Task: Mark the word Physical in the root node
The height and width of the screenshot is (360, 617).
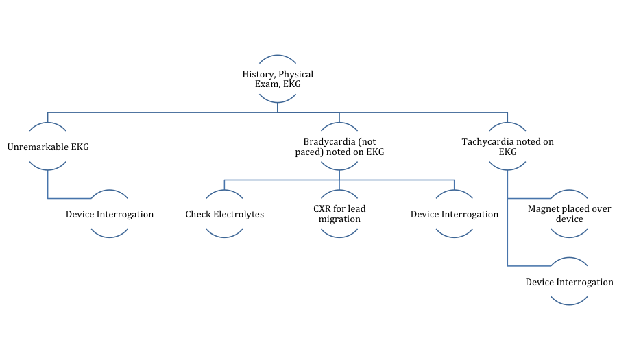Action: pos(295,74)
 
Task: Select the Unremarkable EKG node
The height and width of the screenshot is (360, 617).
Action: pos(48,147)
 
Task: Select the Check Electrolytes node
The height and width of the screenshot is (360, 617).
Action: pos(225,214)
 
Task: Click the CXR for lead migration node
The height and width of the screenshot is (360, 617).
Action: pos(339,214)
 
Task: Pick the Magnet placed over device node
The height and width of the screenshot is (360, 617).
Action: pos(570,214)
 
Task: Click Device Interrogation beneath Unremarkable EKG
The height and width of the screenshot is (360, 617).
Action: pos(110,214)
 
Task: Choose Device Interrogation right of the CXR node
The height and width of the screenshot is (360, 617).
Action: pos(455,214)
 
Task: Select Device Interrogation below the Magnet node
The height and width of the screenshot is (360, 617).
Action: pos(570,282)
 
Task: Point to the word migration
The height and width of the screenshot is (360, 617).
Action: pos(339,219)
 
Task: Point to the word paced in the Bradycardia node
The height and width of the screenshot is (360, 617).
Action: pos(307,152)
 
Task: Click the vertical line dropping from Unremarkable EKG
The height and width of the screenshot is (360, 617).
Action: pos(48,184)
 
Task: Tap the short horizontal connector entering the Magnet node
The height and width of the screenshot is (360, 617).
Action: pos(529,198)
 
